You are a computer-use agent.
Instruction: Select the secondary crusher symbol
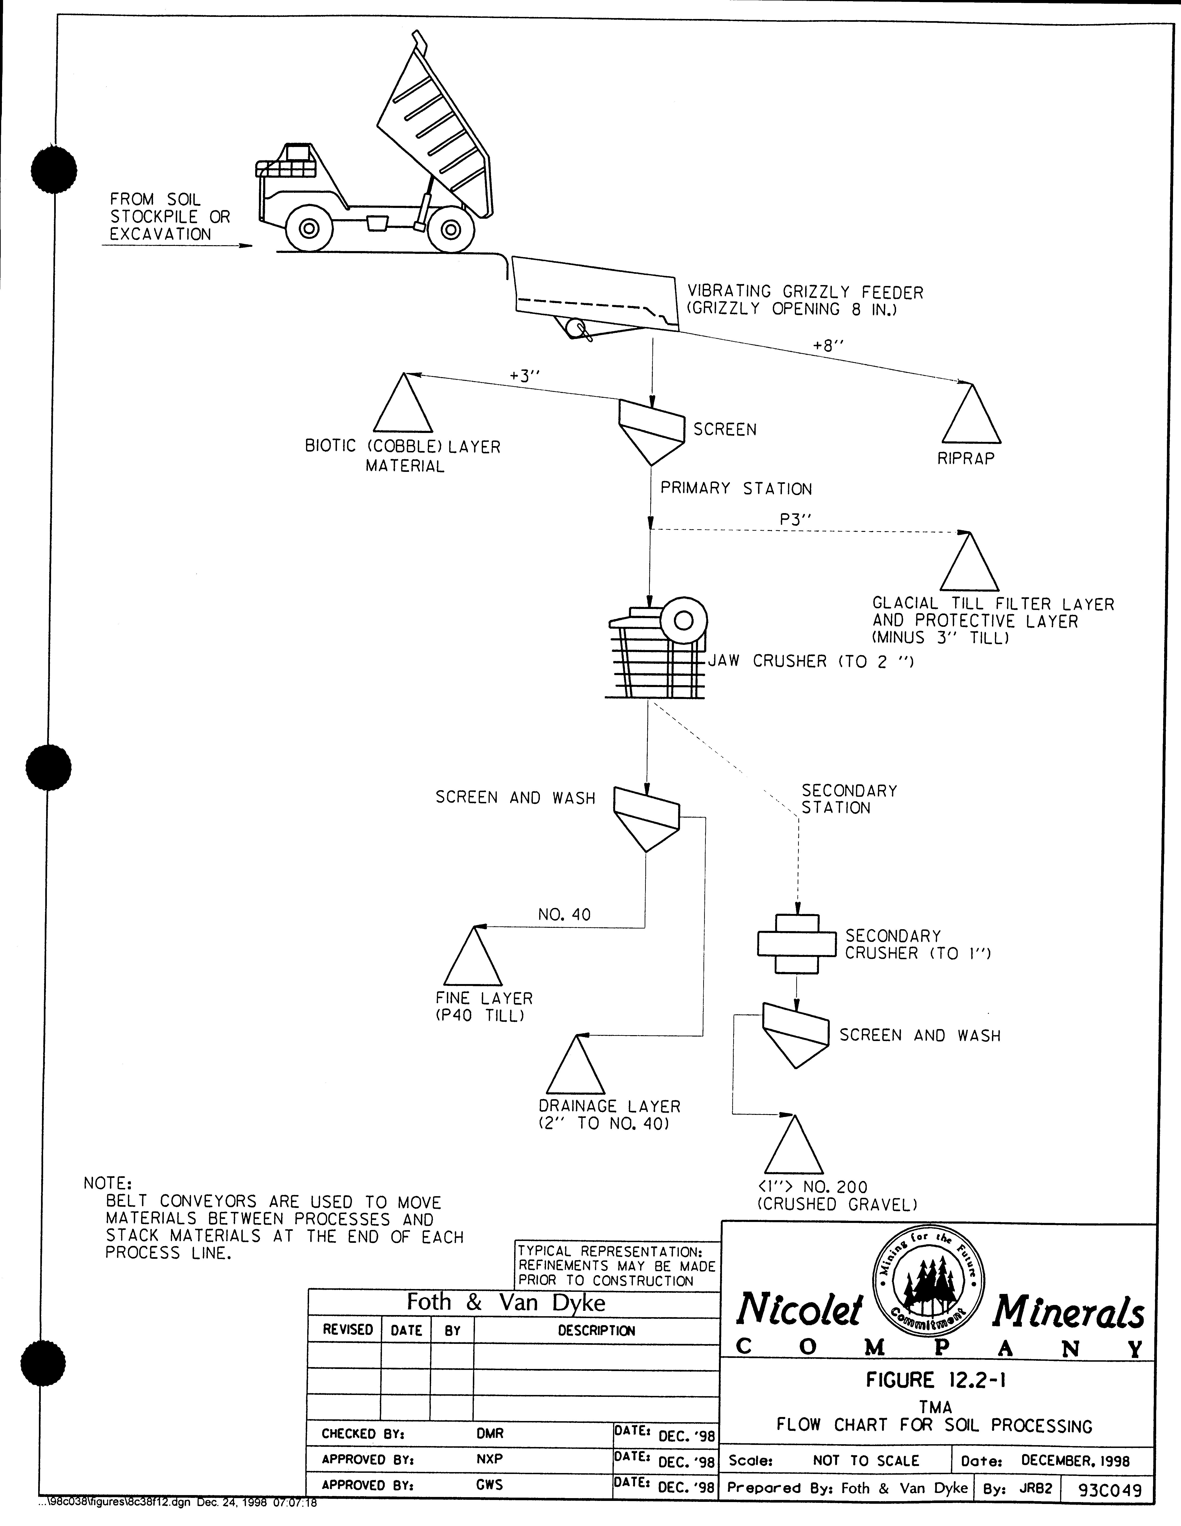797,944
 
